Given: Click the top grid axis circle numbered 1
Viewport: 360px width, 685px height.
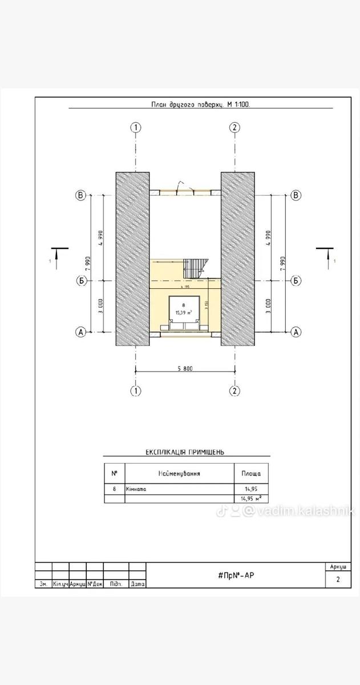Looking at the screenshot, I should [136, 127].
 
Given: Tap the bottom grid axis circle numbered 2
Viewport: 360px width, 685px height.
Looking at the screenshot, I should [234, 391].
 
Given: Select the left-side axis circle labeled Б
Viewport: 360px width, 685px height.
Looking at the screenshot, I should [81, 281].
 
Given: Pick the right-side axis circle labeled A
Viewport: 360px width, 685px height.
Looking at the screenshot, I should [296, 332].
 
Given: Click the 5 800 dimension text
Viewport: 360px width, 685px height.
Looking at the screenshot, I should [185, 369].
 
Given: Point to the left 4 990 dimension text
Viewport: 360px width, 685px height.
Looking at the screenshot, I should [100, 238].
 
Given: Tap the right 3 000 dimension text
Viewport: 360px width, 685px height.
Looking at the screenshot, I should [268, 307].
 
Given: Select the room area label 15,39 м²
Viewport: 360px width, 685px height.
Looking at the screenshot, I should [184, 312].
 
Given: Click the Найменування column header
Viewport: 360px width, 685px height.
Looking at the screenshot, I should [179, 473].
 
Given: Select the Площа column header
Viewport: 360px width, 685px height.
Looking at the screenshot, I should [251, 473].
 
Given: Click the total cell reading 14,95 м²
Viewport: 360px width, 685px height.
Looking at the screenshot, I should [251, 498].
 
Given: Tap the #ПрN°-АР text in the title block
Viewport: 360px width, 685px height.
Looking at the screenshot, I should [236, 575].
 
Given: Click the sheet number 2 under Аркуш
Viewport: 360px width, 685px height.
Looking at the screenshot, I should [338, 580].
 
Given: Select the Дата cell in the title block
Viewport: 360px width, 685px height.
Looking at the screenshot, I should [137, 585].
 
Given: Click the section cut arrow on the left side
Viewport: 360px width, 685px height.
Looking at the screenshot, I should [59, 256].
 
